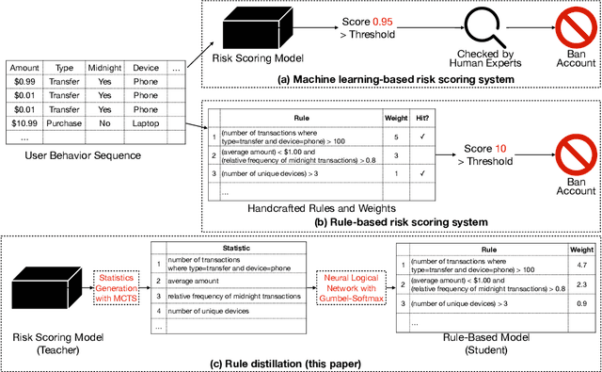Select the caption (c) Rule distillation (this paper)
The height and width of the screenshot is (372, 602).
tap(299, 364)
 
